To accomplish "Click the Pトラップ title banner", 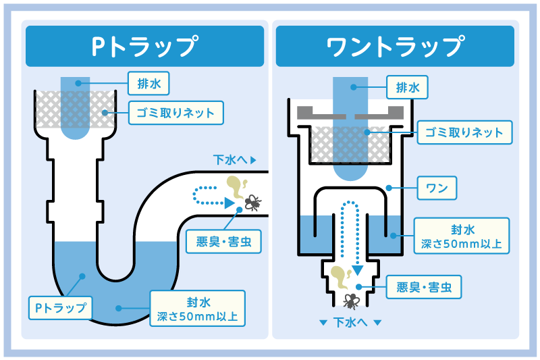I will click(x=145, y=47).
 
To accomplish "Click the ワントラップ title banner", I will click(x=395, y=47).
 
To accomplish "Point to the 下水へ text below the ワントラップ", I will click(x=350, y=323).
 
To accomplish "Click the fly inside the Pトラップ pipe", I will click(x=251, y=201).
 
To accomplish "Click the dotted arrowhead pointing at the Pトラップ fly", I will click(x=230, y=201).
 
